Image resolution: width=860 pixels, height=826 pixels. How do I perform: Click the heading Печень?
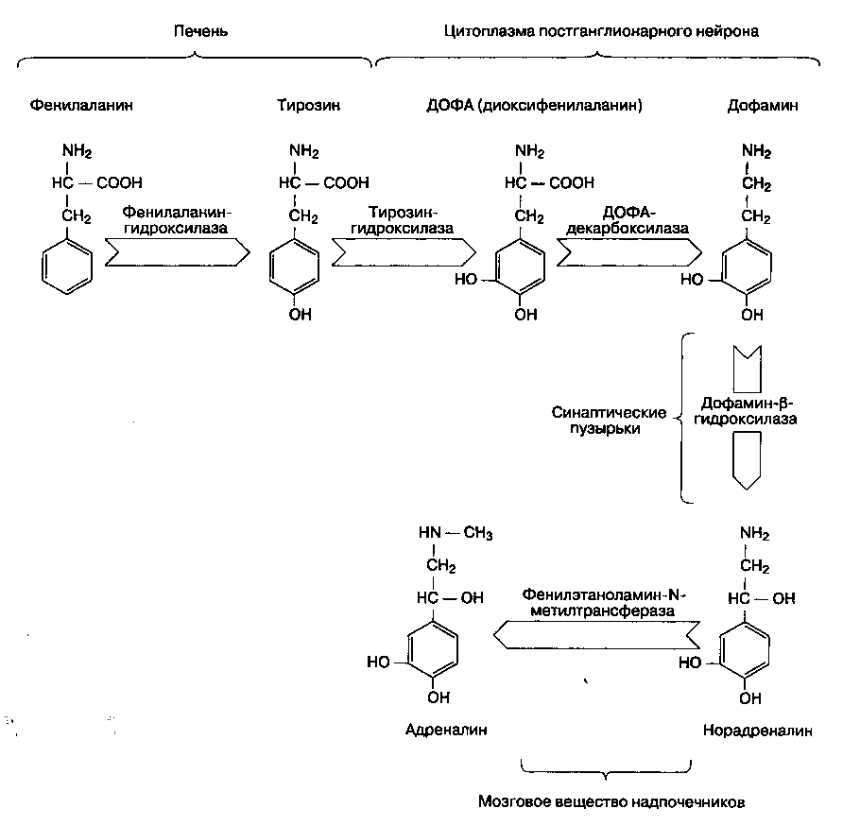point(201,31)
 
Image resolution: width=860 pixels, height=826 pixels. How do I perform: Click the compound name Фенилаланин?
point(81,106)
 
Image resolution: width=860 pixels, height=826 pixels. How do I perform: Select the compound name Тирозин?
point(308,106)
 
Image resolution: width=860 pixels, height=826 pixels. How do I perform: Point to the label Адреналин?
point(437,731)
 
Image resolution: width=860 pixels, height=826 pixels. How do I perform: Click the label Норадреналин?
point(757,731)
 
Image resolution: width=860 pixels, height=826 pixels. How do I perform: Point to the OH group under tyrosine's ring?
point(300,315)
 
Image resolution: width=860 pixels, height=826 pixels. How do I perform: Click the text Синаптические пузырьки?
point(610,421)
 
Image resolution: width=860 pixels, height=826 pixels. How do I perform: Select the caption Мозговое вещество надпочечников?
point(611,801)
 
